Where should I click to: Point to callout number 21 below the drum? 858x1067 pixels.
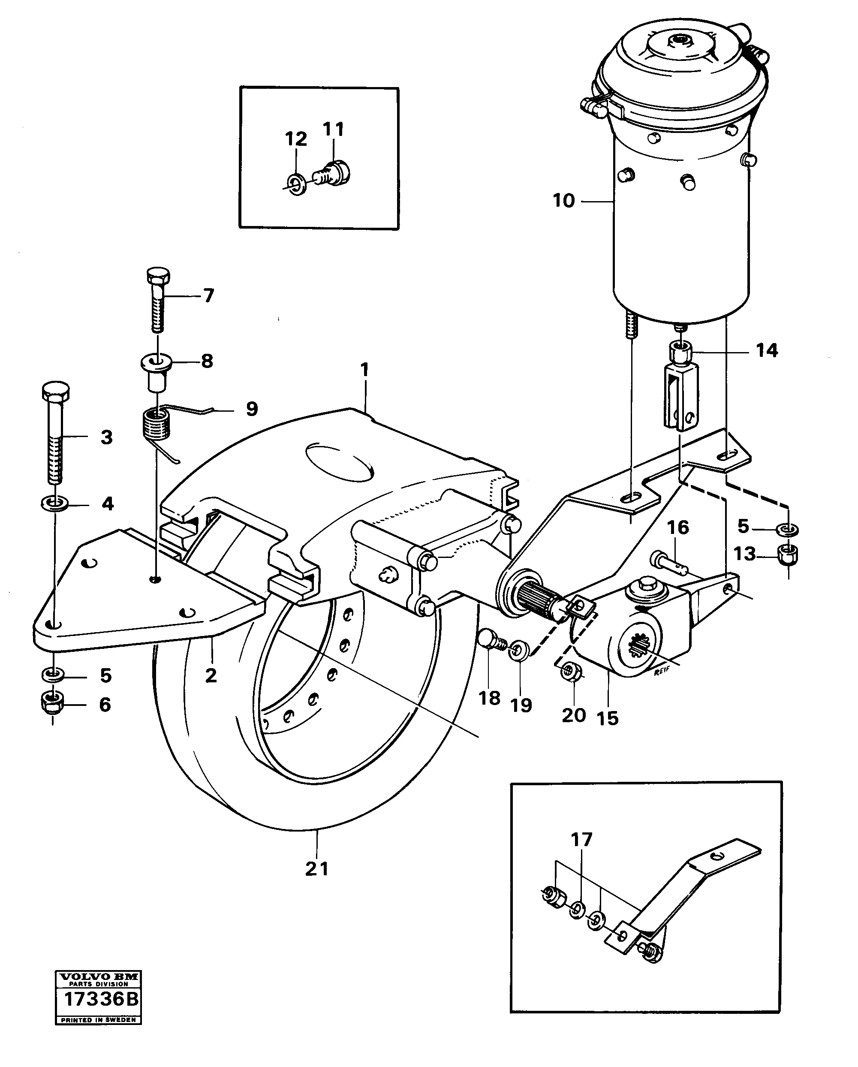coord(317,869)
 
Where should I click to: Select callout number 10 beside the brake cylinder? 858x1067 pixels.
coord(563,201)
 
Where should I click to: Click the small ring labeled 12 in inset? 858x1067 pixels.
coord(296,184)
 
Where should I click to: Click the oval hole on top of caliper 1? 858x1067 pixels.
coord(340,461)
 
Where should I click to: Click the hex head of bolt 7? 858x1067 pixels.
coord(158,275)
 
